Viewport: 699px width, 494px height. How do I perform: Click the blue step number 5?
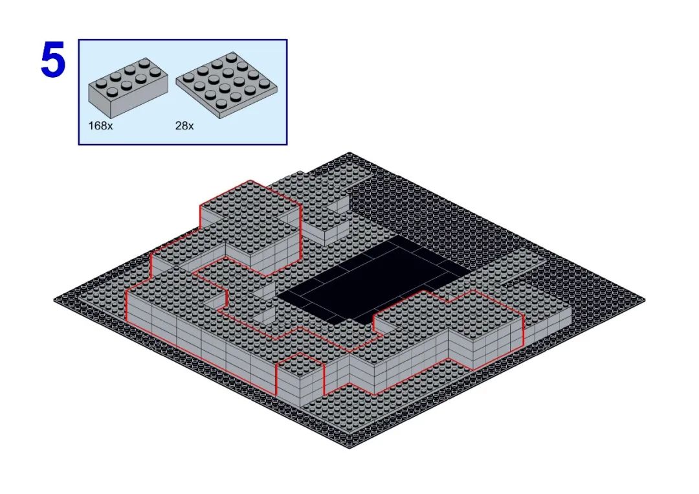pos(52,60)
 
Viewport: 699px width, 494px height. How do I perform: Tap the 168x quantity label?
pos(100,126)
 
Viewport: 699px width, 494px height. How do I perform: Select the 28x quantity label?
pos(184,126)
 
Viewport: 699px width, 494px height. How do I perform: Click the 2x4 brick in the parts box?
pos(128,85)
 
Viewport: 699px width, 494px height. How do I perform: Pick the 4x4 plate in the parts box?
pos(227,85)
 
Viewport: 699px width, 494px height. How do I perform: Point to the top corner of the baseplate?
pos(349,153)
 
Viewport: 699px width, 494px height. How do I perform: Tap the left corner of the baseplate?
pos(54,300)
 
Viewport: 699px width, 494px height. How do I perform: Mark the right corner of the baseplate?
pos(645,300)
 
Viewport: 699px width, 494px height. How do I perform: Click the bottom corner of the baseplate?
pos(349,447)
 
